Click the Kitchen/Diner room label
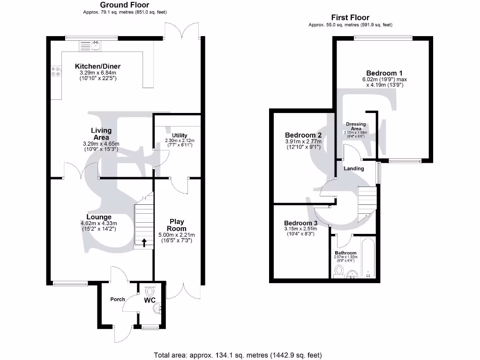pyautogui.click(x=98, y=67)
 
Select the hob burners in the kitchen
pyautogui.click(x=55, y=71)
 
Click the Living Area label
pyautogui.click(x=101, y=134)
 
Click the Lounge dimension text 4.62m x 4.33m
pyautogui.click(x=98, y=223)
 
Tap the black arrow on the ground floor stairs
pyautogui.click(x=144, y=242)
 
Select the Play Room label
pyautogui.click(x=177, y=225)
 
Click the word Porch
pyautogui.click(x=118, y=299)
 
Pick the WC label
pyautogui.click(x=150, y=300)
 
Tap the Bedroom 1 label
pyautogui.click(x=384, y=73)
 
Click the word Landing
pyautogui.click(x=354, y=168)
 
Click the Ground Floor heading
pyautogui.click(x=125, y=5)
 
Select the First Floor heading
pyautogui.click(x=351, y=18)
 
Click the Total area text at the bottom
pyautogui.click(x=238, y=354)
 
